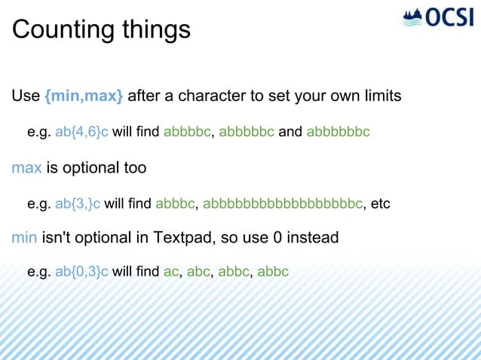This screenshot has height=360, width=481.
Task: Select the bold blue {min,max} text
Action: [x=84, y=96]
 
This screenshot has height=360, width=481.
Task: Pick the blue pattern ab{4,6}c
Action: [x=81, y=132]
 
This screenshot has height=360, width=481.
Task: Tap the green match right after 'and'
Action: [x=338, y=132]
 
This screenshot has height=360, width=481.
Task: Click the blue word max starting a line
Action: [x=26, y=167]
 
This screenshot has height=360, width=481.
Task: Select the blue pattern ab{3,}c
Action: [x=78, y=203]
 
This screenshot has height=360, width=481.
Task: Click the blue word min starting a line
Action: [x=25, y=238]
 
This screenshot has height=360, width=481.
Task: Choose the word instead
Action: [x=313, y=238]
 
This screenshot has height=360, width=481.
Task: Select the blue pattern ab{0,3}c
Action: [x=81, y=271]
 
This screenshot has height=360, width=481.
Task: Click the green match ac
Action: [x=170, y=271]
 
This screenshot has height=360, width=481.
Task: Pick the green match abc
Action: [x=198, y=271]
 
